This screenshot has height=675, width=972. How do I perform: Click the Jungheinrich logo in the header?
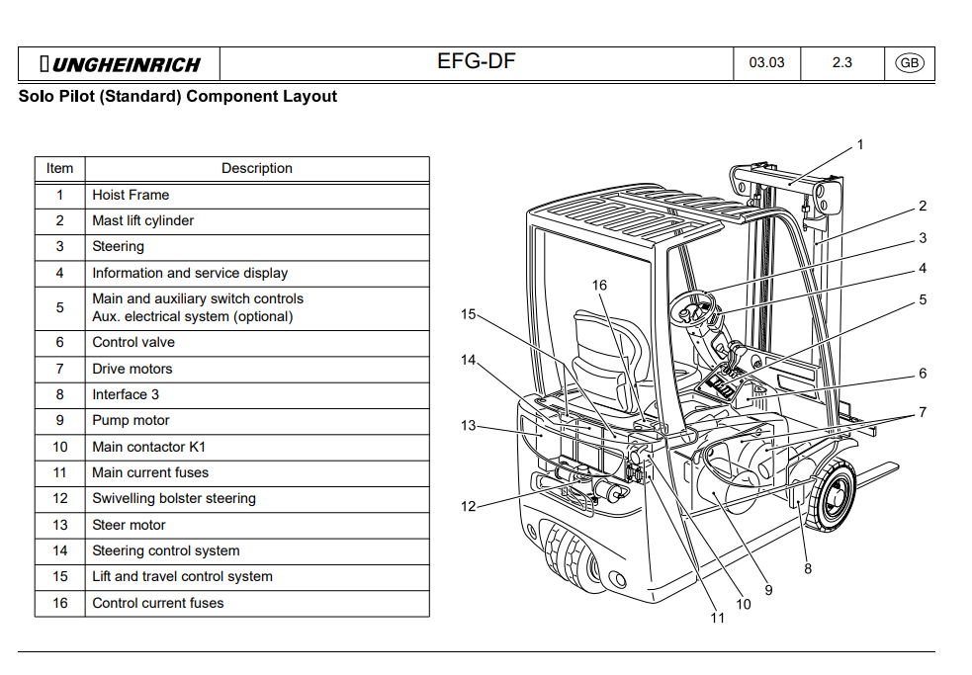coord(120,65)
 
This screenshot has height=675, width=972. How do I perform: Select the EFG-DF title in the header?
coord(476,63)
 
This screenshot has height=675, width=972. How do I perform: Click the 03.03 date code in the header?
coord(766,63)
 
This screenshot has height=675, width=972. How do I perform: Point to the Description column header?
coord(257,169)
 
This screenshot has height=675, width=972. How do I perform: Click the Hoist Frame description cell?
coord(131,196)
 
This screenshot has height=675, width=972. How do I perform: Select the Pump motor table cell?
coord(131,421)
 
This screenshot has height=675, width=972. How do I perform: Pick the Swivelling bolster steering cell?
coord(174,499)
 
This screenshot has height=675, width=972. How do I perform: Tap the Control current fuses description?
coord(158,603)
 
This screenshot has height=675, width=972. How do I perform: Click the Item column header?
coord(60,169)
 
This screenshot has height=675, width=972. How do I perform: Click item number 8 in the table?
coord(60,395)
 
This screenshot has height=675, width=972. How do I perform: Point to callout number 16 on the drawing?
coord(600,286)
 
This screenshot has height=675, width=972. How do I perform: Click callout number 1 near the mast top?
coord(859,145)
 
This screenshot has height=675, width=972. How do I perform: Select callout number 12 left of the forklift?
coord(468,507)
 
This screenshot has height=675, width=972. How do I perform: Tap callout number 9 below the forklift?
coord(768,590)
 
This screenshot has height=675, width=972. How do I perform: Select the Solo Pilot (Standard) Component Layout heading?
coord(178,97)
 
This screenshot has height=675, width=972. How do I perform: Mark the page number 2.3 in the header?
coord(841,63)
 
